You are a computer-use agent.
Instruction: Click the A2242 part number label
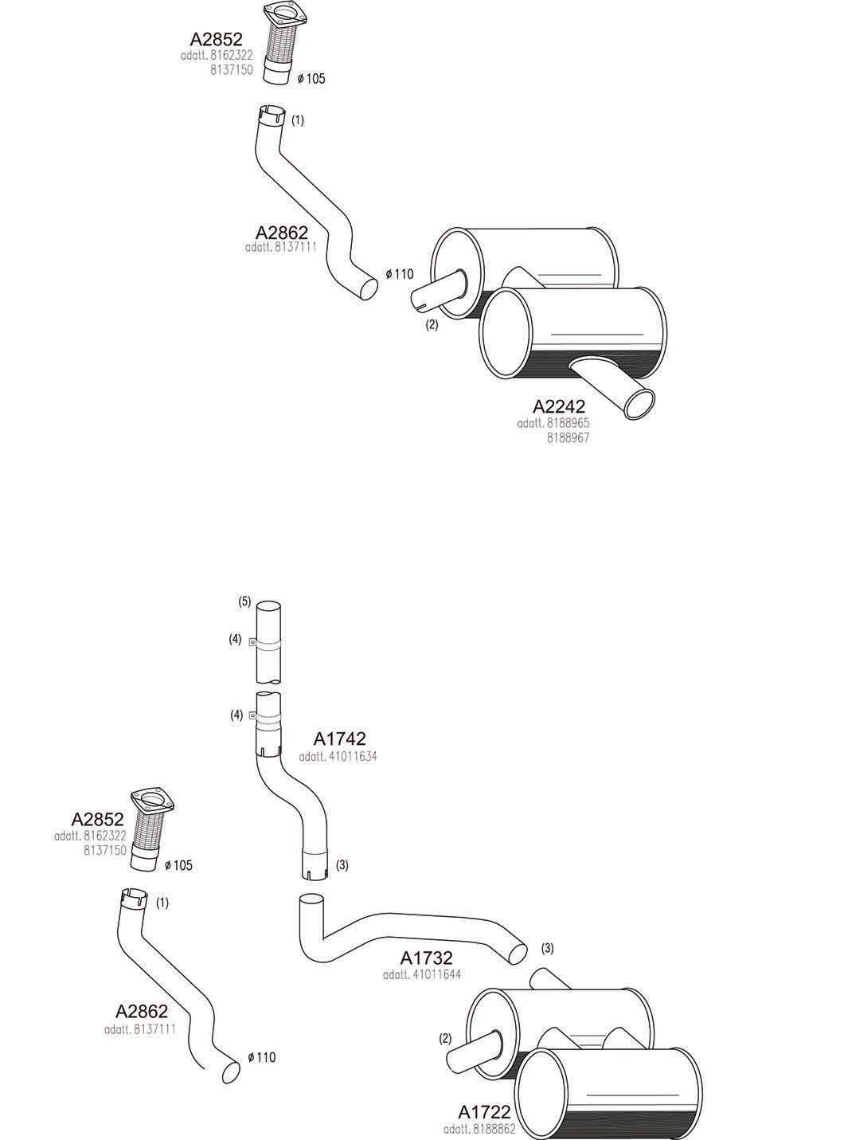click(559, 405)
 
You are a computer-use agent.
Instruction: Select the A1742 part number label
click(339, 740)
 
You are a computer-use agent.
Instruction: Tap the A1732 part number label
click(427, 958)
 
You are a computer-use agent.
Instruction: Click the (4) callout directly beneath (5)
click(236, 639)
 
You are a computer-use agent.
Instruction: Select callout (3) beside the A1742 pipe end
click(342, 864)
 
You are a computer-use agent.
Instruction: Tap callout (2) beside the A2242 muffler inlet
click(432, 324)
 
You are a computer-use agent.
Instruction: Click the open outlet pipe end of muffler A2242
click(639, 403)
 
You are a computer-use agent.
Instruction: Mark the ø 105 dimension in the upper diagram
click(311, 78)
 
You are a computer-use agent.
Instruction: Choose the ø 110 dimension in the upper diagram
click(400, 274)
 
